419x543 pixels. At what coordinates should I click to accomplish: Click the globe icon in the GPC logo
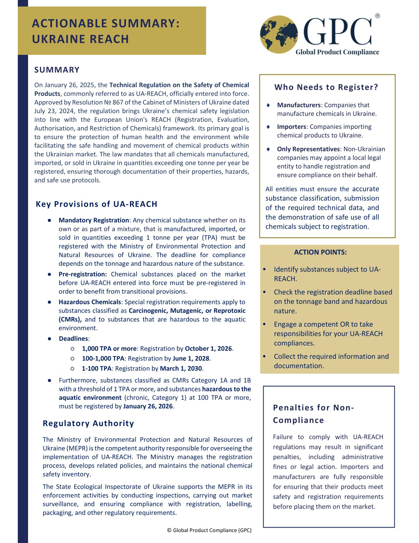pyautogui.click(x=278, y=35)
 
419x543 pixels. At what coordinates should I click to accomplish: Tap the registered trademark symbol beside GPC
pyautogui.click(x=377, y=16)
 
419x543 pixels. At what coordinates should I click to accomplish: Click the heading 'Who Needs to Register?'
pyautogui.click(x=326, y=87)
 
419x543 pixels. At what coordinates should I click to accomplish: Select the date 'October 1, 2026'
pyautogui.click(x=208, y=349)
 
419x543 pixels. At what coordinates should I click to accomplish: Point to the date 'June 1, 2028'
pyautogui.click(x=191, y=359)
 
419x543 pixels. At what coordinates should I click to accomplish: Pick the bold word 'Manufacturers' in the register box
pyautogui.click(x=299, y=105)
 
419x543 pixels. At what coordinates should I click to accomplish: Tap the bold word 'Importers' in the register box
pyautogui.click(x=291, y=127)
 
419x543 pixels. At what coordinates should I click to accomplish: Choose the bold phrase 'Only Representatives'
pyautogui.click(x=308, y=149)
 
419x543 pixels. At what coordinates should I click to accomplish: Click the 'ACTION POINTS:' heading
pyautogui.click(x=320, y=252)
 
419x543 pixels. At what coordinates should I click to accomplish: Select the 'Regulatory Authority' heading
pyautogui.click(x=88, y=423)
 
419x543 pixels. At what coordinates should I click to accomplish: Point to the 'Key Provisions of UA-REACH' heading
pyautogui.click(x=97, y=204)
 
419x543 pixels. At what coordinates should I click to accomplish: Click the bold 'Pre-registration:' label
pyautogui.click(x=82, y=274)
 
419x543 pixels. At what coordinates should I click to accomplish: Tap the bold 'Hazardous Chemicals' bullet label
pyautogui.click(x=90, y=302)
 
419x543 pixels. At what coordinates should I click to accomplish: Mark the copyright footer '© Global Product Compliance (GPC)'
pyautogui.click(x=209, y=530)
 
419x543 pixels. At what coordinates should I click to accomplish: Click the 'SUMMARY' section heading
pyautogui.click(x=57, y=70)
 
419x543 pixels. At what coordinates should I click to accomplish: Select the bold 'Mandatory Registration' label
pyautogui.click(x=93, y=220)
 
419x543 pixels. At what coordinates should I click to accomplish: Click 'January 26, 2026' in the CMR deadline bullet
pyautogui.click(x=148, y=407)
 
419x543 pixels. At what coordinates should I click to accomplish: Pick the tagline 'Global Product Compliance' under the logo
pyautogui.click(x=337, y=52)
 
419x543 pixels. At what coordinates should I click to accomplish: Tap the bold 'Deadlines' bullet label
pyautogui.click(x=73, y=339)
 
